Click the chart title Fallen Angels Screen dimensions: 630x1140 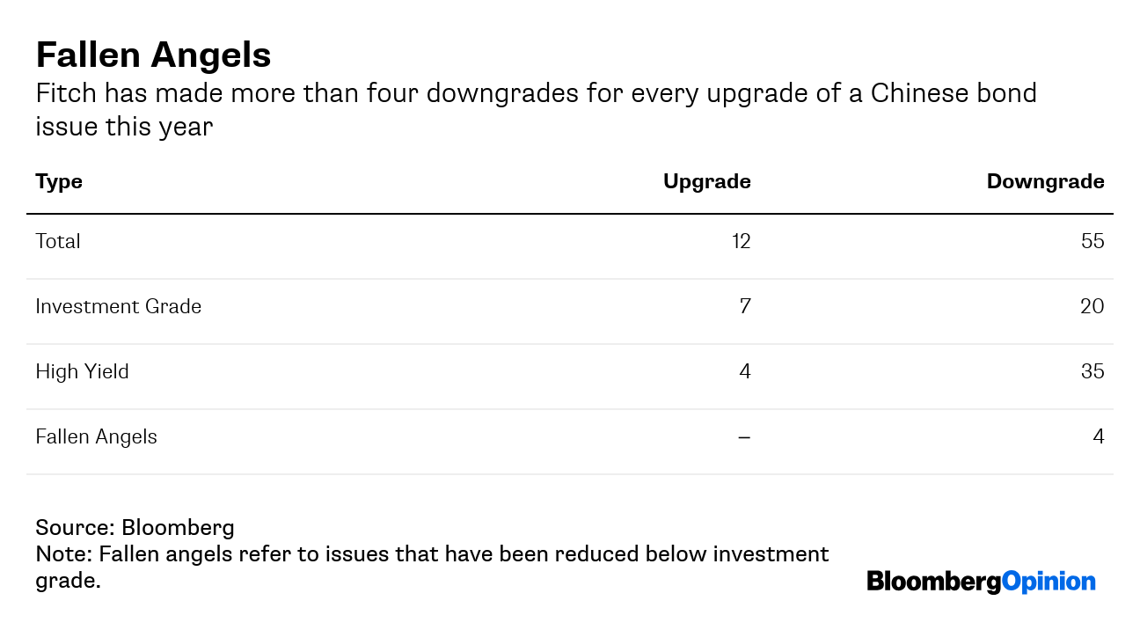point(153,55)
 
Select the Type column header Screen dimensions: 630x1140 point(59,181)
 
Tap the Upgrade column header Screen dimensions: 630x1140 point(706,181)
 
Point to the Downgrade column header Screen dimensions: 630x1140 point(1045,181)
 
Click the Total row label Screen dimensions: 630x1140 point(58,241)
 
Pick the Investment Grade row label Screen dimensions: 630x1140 point(118,306)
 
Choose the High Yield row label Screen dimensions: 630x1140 point(82,371)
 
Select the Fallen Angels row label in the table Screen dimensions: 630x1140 point(96,436)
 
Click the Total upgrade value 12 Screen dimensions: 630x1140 point(741,241)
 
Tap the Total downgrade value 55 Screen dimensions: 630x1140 point(1092,241)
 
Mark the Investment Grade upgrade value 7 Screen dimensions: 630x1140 point(745,306)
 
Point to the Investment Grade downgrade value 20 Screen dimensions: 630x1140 point(1092,306)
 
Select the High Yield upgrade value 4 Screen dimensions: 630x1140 point(745,371)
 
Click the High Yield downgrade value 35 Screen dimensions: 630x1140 point(1092,371)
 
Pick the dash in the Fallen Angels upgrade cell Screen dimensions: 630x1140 point(744,436)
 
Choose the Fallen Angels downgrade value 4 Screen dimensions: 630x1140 point(1099,436)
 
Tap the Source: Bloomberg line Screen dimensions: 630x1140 point(135,528)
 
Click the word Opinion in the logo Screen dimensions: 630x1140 point(1049,582)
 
